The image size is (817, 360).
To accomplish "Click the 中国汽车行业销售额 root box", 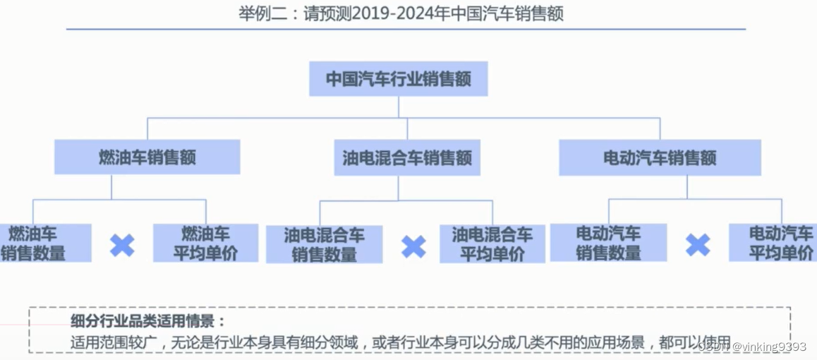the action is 398,78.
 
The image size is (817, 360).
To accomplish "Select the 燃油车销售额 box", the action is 147,157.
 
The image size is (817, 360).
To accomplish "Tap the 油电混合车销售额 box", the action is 406,157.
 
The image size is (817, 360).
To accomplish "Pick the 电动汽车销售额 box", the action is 660,157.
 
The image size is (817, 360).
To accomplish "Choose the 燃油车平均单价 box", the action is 205,243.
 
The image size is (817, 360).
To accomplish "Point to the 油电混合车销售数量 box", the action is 324,244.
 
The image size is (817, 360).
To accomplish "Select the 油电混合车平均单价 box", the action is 492,244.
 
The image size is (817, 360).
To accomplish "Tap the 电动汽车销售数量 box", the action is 608,243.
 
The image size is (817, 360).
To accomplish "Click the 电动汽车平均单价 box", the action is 776,243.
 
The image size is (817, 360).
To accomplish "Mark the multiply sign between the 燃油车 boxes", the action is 122,245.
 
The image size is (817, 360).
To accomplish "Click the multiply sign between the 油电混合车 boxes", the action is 413,246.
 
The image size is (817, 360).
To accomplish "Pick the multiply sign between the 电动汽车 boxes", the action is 697,245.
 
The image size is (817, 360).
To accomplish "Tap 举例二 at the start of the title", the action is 257,13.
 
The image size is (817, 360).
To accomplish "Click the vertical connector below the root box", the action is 399,107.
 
